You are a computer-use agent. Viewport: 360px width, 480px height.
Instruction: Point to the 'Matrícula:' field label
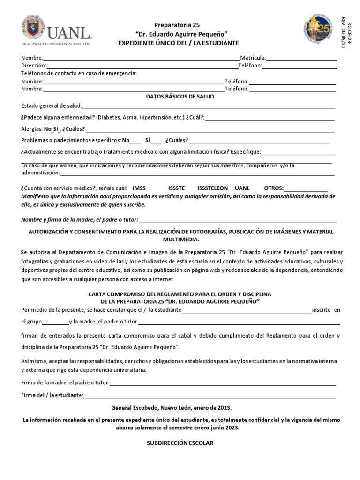pos(253,58)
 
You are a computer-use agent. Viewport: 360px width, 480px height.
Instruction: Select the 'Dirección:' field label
pos(33,66)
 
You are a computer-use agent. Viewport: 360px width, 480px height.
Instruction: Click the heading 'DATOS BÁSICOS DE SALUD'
pos(180,96)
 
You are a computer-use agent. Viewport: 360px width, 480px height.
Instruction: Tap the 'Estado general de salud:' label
pos(52,105)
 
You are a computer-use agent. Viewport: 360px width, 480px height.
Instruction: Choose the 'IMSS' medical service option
pos(139,187)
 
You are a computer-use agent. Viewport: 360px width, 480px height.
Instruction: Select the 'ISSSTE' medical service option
pos(177,187)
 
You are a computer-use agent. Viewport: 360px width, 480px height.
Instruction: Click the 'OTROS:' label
pos(274,187)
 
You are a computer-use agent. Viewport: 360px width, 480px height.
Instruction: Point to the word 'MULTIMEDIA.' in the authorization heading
pos(180,239)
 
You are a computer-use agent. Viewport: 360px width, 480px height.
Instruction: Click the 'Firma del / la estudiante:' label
pos(52,395)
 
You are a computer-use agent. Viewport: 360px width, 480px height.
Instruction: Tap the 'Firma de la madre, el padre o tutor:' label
pos(65,382)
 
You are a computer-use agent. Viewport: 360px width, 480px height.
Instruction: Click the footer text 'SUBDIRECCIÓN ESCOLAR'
pos(180,443)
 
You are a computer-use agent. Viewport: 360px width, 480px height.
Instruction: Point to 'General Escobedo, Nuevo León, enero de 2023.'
pos(172,407)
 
